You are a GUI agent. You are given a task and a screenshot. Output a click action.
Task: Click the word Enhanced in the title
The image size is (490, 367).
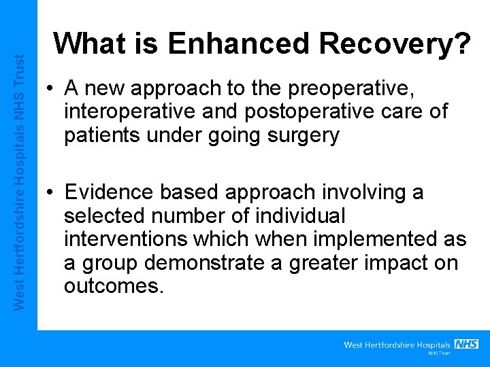coord(238,45)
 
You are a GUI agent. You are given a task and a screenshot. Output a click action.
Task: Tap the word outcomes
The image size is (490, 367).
coord(113,286)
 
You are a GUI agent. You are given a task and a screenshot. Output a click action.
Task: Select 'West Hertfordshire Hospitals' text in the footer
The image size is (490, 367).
coord(397,345)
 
